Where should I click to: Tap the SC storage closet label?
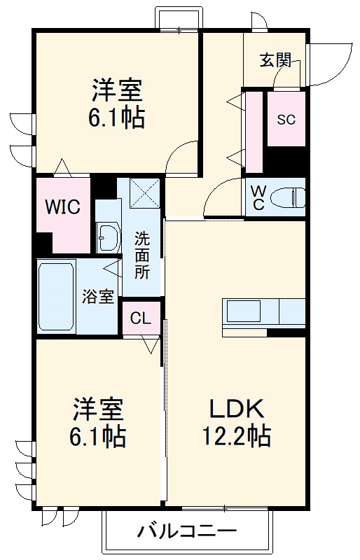click(286, 119)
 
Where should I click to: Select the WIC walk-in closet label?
click(63, 207)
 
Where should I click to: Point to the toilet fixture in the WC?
click(289, 197)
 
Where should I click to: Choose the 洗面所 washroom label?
click(141, 255)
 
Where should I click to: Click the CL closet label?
click(141, 319)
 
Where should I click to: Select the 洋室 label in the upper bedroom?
click(116, 90)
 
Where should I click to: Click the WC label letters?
click(258, 197)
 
